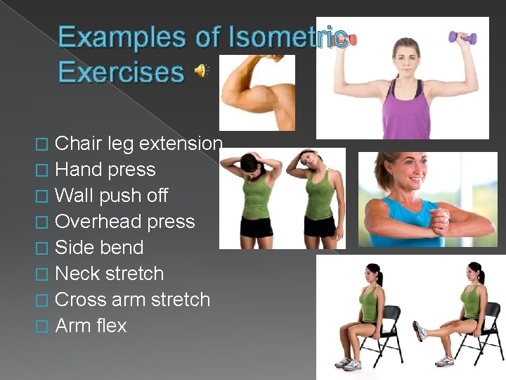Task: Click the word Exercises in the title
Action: tap(121, 72)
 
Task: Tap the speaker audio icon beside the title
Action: tap(202, 70)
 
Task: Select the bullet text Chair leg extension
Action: tap(138, 144)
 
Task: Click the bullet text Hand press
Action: tap(105, 170)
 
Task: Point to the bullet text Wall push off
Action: tap(111, 196)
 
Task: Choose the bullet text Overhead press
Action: tap(124, 222)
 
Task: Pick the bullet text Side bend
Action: tap(98, 248)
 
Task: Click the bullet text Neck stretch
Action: tap(109, 274)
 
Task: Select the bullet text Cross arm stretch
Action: tap(132, 300)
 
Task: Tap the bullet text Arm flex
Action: tap(91, 326)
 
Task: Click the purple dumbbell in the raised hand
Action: tap(462, 37)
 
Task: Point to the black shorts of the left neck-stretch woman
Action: tap(256, 227)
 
